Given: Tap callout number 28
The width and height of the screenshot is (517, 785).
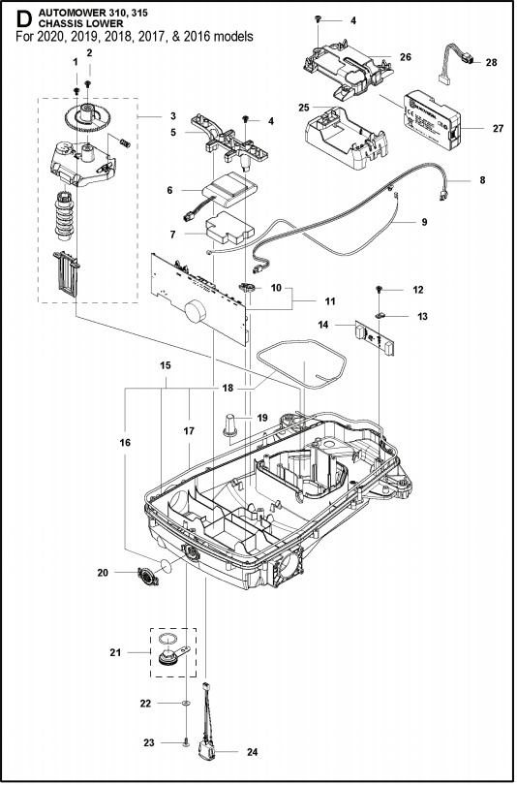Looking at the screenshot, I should (x=491, y=61).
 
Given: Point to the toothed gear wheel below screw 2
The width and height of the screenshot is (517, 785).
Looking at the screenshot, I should (x=89, y=122).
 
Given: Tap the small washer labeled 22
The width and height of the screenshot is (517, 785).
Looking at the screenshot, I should (x=184, y=699).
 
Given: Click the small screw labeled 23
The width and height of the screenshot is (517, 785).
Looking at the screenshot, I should (x=184, y=742).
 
